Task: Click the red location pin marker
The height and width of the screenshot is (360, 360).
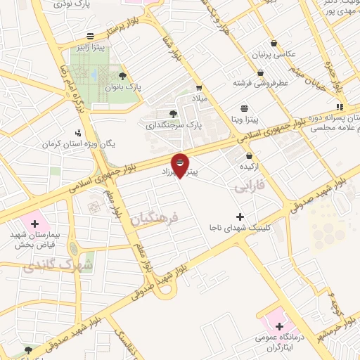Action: tap(181, 165)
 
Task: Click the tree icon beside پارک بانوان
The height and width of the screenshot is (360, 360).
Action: tap(123, 75)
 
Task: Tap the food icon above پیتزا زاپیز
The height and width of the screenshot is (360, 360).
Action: tap(91, 35)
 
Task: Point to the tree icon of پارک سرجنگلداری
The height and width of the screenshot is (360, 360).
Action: tap(174, 113)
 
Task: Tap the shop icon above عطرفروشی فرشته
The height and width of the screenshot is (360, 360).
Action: tap(260, 72)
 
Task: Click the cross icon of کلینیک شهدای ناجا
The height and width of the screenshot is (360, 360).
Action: tap(240, 217)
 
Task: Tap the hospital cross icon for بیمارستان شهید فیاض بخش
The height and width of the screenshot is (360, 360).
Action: tap(34, 223)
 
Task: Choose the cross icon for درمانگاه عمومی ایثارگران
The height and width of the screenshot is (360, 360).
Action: tap(279, 326)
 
